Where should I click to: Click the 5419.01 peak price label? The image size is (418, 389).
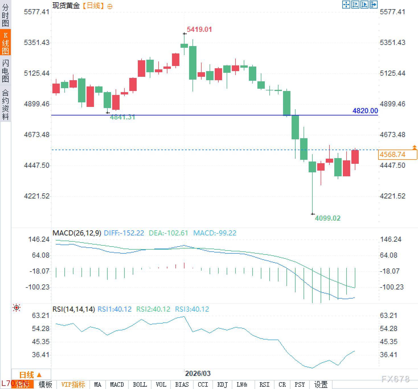click(199, 30)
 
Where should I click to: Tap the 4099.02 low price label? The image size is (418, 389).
click(327, 218)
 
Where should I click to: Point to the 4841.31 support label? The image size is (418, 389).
click(122, 117)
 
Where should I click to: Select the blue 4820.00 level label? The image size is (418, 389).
click(365, 111)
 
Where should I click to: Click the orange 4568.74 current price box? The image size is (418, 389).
click(397, 155)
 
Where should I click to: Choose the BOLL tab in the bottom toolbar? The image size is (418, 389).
click(140, 385)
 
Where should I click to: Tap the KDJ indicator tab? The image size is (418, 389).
click(222, 385)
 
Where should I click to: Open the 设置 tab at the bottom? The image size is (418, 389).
click(321, 385)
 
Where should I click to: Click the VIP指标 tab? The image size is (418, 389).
click(73, 385)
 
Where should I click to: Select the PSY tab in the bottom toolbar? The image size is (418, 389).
click(300, 385)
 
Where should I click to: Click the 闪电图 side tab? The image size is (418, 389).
click(5, 71)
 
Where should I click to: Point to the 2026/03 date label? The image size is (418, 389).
click(198, 373)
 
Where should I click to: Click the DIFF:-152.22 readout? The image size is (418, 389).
click(124, 233)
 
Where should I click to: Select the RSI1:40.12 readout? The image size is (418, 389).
click(114, 309)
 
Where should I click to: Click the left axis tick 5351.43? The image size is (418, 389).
click(37, 43)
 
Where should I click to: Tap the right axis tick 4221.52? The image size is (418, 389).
click(392, 196)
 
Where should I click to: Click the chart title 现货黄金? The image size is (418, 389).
click(66, 6)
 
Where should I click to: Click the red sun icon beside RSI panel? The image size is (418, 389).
click(17, 308)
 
